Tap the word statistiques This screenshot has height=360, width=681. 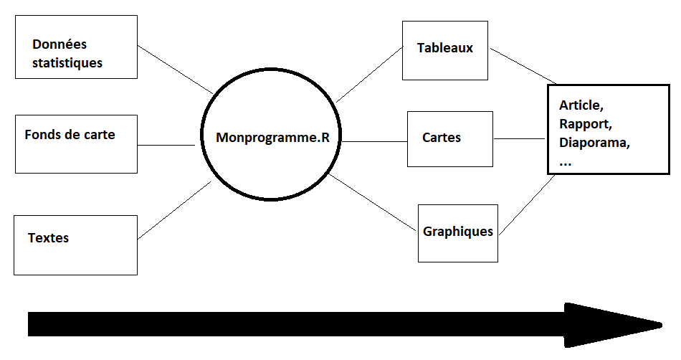(67, 63)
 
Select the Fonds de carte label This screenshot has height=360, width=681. (70, 135)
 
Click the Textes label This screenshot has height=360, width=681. (48, 237)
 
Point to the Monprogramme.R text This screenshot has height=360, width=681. (272, 138)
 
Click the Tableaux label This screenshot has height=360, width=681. (444, 49)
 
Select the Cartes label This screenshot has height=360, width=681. (442, 138)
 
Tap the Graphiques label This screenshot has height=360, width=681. (458, 232)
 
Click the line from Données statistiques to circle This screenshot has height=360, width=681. (175, 70)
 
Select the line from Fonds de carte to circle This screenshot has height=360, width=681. (166, 145)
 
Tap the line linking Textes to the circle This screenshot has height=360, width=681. (174, 209)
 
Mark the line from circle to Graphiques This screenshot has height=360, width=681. (373, 203)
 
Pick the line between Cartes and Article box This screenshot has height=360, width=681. (520, 138)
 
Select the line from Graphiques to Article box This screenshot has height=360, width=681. (527, 204)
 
